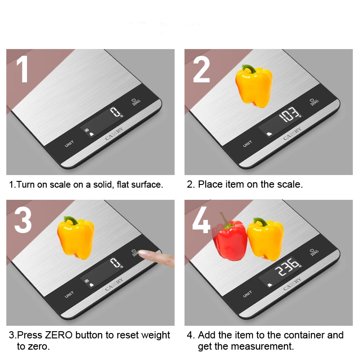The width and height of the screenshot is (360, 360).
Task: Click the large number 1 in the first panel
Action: coord(23,69)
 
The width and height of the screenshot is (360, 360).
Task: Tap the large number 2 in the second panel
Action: coord(201,69)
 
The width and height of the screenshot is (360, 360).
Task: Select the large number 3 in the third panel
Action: coord(23,220)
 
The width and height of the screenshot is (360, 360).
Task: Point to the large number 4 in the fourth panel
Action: coord(201,220)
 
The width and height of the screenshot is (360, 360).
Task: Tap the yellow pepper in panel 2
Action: coord(254,86)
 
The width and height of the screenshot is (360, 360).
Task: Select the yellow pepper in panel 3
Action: coord(76,238)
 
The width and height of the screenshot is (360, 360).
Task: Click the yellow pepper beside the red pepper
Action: coord(265,239)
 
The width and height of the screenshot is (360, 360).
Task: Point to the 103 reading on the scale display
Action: coord(289,114)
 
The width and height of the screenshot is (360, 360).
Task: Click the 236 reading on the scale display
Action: coord(288,267)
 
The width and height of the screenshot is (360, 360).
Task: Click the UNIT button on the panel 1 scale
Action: coord(69,144)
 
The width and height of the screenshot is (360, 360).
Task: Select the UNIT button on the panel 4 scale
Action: coord(247,294)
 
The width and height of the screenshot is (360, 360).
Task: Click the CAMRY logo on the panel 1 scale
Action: coord(114,134)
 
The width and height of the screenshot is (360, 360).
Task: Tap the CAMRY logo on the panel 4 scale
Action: coord(292,284)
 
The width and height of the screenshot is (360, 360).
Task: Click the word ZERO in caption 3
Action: coord(59,335)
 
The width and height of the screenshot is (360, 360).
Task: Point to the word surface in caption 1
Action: coord(147,184)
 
